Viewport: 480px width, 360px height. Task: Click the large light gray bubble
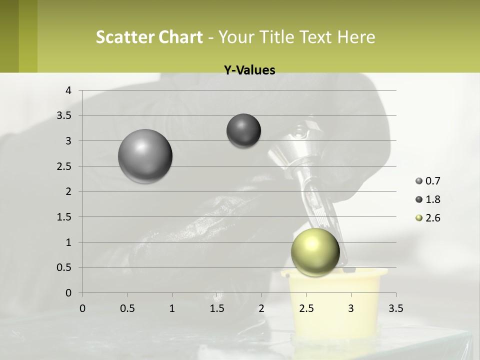coord(145,156)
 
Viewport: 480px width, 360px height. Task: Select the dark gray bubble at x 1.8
coord(243,130)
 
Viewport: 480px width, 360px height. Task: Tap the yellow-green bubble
coord(315,252)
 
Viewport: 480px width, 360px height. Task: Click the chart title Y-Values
coord(249,70)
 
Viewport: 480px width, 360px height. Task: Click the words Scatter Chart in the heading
coord(149,37)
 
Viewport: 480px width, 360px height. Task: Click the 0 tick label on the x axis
coord(82,308)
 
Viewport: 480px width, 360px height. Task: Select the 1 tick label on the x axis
coord(172,308)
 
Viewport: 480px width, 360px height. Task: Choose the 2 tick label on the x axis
coord(261,308)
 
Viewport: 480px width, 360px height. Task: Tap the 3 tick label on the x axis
coord(351,308)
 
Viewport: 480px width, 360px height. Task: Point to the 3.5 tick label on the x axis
coord(395,308)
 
